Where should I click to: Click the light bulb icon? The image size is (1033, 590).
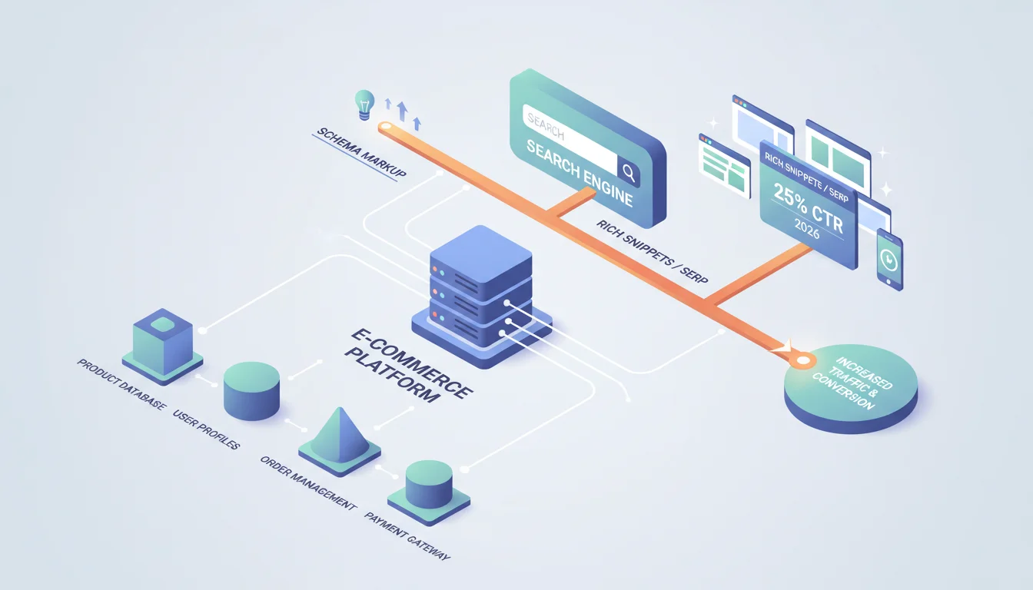364,104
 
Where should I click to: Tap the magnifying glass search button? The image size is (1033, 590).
628,172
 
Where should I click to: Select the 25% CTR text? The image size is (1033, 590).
809,208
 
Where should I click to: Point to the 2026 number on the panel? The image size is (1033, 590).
807,229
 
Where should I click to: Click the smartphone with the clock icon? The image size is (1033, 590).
889,259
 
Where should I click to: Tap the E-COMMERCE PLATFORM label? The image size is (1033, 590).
409,366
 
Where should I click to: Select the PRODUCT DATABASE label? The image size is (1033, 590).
121,384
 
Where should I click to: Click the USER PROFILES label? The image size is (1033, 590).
206,429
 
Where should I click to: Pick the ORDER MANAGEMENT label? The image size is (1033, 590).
308,482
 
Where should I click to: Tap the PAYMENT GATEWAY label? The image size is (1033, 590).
407,535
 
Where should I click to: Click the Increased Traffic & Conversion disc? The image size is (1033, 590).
852,388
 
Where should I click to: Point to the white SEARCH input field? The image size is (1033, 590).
570,139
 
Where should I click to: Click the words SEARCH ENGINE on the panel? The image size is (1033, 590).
580,172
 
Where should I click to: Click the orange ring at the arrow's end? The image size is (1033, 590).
803,360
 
